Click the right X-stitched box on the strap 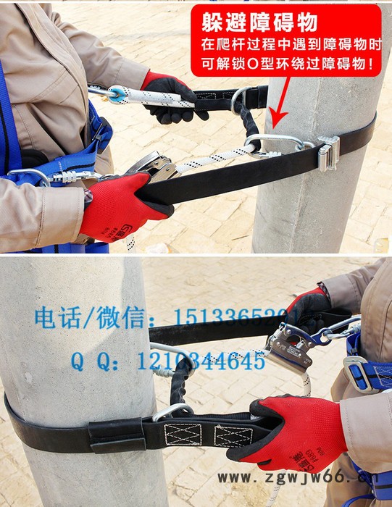coord(233,436)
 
